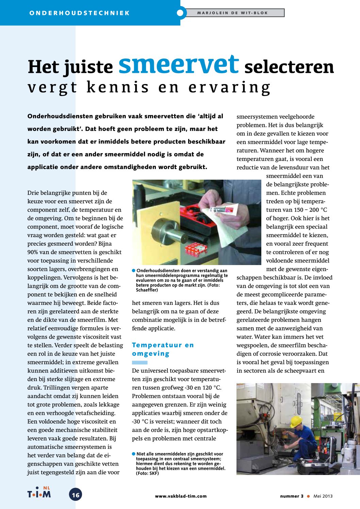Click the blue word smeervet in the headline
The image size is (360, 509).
coord(179,64)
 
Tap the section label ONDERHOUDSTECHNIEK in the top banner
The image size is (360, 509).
coord(80,13)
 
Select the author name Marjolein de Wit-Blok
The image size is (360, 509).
coord(232,13)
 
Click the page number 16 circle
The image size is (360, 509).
coord(76,495)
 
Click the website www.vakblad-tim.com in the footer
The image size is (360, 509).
coord(181,496)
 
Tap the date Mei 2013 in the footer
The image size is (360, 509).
coord(323,496)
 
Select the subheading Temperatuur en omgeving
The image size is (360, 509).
coord(163,349)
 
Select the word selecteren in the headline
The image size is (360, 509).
coord(289,67)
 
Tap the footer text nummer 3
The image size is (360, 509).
coord(292,496)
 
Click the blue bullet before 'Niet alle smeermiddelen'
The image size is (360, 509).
coord(134,454)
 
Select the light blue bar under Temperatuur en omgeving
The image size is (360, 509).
coord(140,362)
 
